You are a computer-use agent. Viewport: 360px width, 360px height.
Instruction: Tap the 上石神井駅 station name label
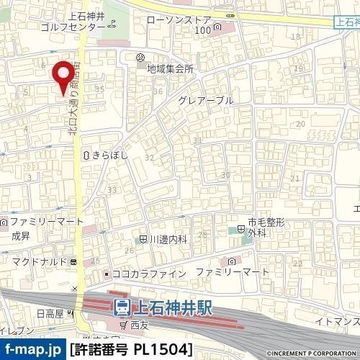(x=172, y=307)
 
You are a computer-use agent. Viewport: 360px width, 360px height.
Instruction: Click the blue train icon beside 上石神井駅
(x=122, y=307)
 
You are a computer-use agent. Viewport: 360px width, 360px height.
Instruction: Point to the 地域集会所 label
(x=170, y=69)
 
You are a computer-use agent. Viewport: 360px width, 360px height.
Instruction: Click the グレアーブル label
(x=205, y=101)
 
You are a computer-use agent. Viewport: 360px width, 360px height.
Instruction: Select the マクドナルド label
(x=39, y=261)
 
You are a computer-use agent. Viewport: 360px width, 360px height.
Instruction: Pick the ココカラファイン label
(x=149, y=274)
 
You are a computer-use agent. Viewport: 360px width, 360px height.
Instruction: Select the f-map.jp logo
(x=32, y=350)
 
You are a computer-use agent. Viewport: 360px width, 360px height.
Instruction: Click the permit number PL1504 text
(x=132, y=350)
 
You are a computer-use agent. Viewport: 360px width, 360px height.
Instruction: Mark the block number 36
(x=158, y=91)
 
